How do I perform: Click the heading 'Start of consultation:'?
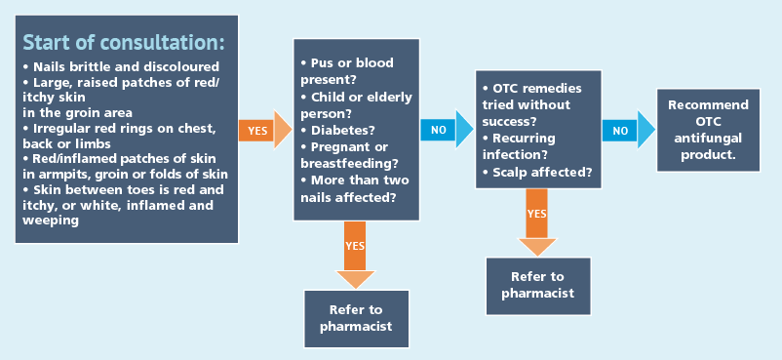(124, 43)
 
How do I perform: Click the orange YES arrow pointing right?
(265, 131)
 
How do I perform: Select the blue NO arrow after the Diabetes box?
(447, 130)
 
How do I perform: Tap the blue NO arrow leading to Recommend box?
(628, 130)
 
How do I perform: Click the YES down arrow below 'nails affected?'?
(355, 255)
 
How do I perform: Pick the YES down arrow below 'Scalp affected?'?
(537, 221)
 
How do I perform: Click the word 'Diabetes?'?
(342, 131)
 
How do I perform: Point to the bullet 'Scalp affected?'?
(537, 173)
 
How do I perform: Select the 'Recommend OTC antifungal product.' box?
(708, 131)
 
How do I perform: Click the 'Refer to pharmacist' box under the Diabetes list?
(356, 319)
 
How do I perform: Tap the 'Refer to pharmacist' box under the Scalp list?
(538, 286)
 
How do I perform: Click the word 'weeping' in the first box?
(51, 220)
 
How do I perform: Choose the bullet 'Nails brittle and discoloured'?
(121, 67)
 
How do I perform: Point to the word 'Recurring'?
(524, 138)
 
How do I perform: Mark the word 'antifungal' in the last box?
(708, 138)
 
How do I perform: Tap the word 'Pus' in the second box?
(322, 62)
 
